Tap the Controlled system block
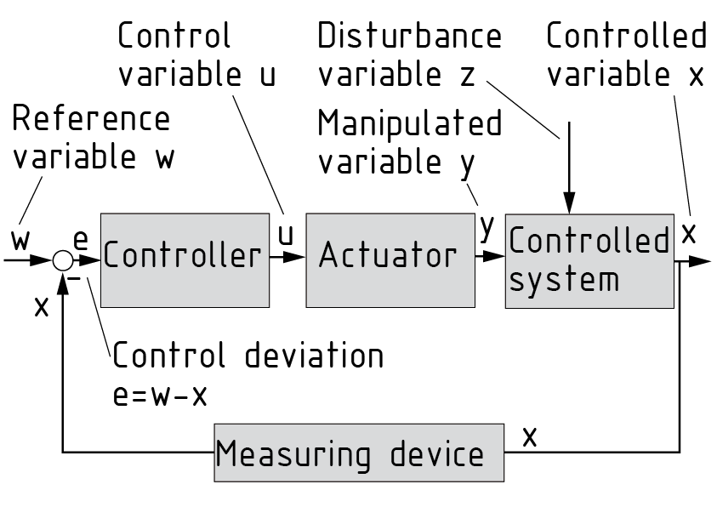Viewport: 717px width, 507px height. coord(589,259)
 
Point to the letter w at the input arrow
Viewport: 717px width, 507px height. coord(22,240)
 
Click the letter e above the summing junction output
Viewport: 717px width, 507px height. coord(81,241)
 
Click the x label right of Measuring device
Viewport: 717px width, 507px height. coord(530,437)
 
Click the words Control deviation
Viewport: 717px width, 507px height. coord(248,356)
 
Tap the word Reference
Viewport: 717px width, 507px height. coord(90,119)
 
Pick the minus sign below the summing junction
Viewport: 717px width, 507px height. coord(74,278)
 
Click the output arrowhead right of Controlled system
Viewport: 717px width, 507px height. coord(701,260)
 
